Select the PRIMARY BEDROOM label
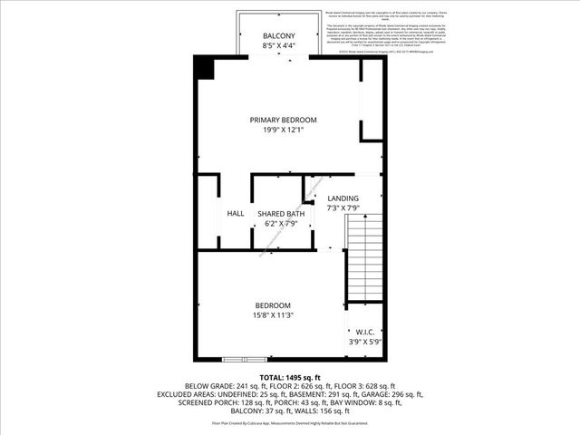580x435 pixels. pos(284,120)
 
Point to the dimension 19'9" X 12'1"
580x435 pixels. pos(284,130)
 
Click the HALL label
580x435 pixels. pos(236,213)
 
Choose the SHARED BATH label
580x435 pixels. pos(278,213)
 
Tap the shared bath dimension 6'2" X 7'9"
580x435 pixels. pos(278,223)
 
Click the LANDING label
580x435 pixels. pos(343,198)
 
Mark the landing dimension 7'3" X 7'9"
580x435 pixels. pos(343,208)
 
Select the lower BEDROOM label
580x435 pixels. pos(272,304)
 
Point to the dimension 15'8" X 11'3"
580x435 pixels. pos(272,314)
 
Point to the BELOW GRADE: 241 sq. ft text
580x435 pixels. pos(221,385)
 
